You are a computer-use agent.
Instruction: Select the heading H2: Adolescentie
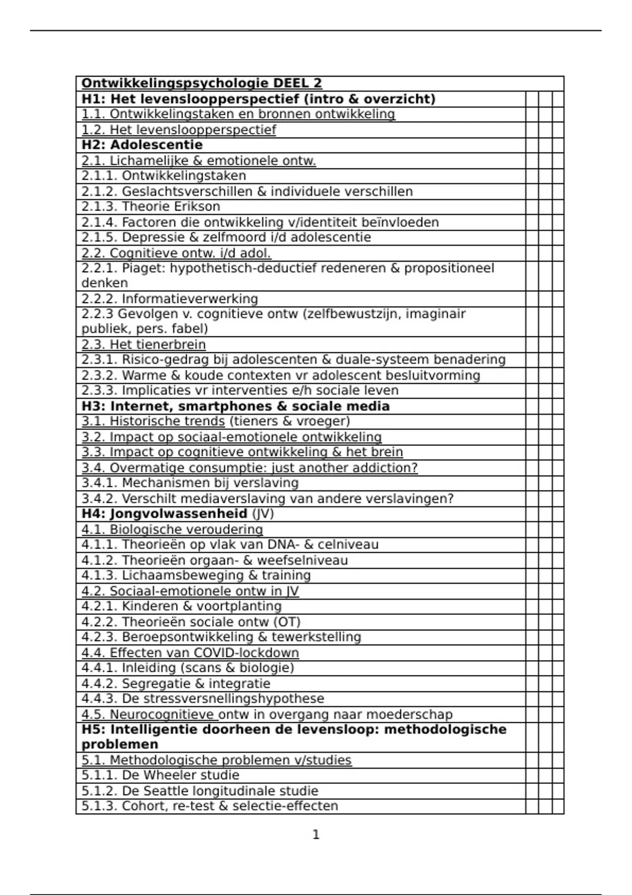[142, 145]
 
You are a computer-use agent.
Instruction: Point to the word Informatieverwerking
[190, 299]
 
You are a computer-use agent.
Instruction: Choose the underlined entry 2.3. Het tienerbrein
[143, 344]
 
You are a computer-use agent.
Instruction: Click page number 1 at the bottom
[316, 834]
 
